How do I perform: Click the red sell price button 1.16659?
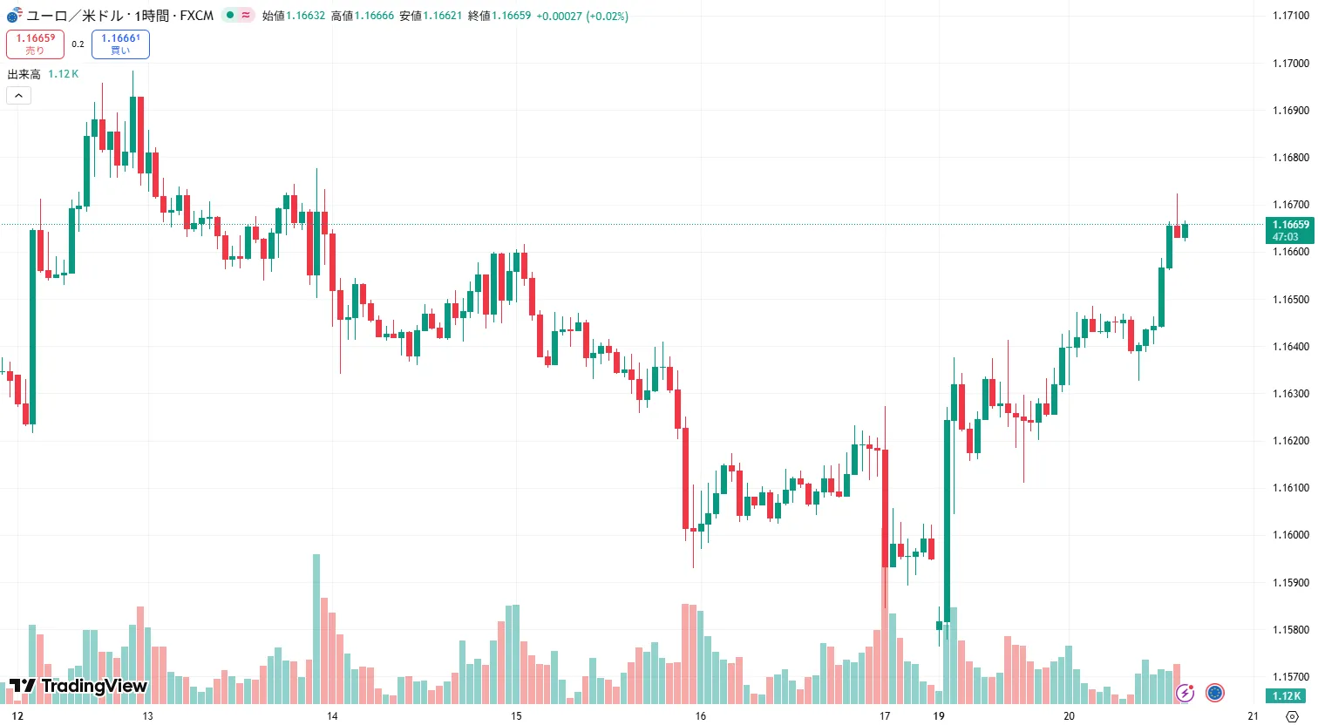point(35,44)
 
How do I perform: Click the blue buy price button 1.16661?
point(120,44)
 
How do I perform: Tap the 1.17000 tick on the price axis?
point(1290,64)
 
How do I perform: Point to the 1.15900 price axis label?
point(1290,583)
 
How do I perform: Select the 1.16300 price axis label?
point(1290,394)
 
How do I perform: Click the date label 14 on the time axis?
point(332,716)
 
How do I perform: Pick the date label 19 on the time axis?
point(939,716)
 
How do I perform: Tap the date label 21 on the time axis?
point(1253,716)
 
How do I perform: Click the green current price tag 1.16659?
point(1289,230)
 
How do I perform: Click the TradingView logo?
point(78,687)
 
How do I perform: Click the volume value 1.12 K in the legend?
point(64,74)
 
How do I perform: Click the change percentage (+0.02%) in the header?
point(607,16)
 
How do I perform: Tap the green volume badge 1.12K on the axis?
point(1287,696)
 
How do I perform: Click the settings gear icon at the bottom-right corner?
point(1293,716)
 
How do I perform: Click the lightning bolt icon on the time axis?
point(1185,694)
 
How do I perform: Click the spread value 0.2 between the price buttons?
point(78,44)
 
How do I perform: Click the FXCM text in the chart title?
point(197,16)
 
